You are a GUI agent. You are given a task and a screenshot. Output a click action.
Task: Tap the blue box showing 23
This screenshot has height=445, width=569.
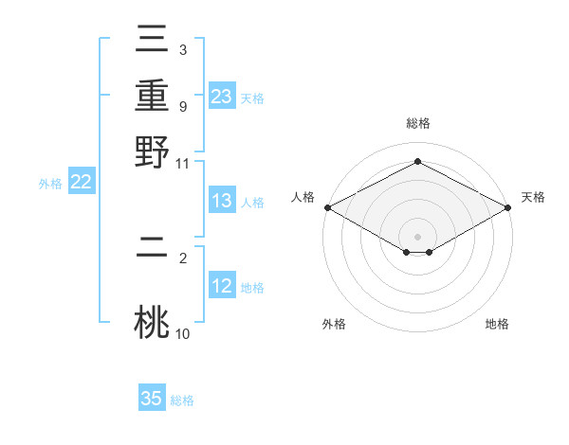click(x=222, y=97)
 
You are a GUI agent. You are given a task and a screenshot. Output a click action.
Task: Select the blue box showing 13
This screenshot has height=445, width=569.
click(x=222, y=202)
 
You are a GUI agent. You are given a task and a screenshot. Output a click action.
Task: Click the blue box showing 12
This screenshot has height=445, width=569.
click(x=222, y=286)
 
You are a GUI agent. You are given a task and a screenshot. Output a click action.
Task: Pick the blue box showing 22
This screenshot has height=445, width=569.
click(x=81, y=183)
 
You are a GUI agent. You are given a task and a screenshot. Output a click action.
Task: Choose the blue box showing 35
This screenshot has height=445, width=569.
click(x=152, y=399)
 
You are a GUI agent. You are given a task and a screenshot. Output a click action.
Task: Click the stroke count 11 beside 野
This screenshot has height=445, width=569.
click(x=183, y=162)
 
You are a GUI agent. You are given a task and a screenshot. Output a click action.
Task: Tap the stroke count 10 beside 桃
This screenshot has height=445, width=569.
click(x=183, y=333)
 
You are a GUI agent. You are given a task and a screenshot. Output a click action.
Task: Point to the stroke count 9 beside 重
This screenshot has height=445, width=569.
click(x=182, y=107)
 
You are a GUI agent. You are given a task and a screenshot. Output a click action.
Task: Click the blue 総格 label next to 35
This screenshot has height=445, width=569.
click(x=182, y=400)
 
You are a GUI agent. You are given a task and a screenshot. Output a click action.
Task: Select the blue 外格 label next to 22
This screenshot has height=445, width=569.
click(x=50, y=184)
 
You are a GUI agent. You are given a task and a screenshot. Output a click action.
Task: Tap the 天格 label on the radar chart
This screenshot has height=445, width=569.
click(x=533, y=197)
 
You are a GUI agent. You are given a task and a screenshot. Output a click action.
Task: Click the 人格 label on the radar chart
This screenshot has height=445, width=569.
click(x=303, y=197)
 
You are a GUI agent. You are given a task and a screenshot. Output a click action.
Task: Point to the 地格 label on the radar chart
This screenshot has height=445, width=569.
click(x=497, y=324)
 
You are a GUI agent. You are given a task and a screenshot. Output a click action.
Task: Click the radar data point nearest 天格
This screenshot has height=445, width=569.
click(x=509, y=207)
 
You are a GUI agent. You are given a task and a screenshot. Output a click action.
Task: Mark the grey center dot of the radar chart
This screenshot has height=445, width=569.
click(x=418, y=236)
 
